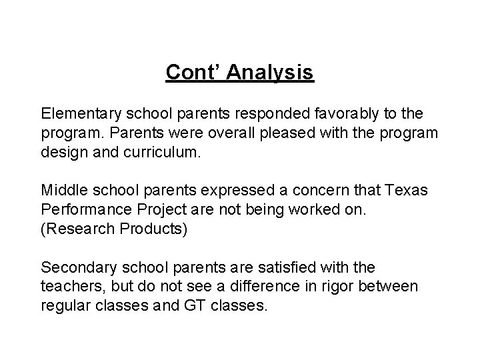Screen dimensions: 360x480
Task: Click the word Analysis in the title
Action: click(x=270, y=71)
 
